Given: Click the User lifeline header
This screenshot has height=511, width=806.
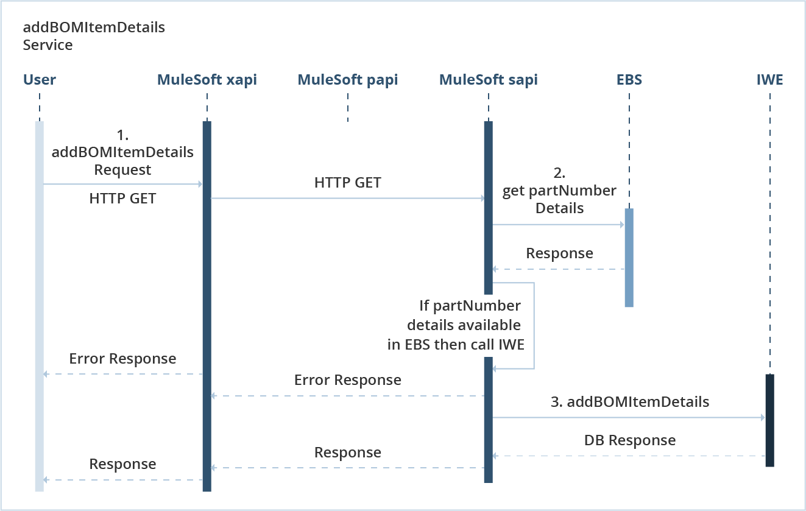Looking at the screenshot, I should pyautogui.click(x=39, y=80).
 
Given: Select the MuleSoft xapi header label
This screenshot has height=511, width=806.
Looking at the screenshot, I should pyautogui.click(x=207, y=80).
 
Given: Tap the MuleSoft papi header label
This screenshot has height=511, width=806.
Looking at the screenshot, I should pyautogui.click(x=347, y=80).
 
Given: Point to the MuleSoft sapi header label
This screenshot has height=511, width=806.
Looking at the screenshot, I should pyautogui.click(x=488, y=80).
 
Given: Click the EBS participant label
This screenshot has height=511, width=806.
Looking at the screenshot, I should pyautogui.click(x=629, y=80).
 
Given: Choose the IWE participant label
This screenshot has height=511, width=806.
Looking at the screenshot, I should pyautogui.click(x=769, y=80).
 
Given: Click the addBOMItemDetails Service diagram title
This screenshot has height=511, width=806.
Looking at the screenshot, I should pyautogui.click(x=94, y=36).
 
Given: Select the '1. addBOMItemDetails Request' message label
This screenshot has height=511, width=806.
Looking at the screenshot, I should pyautogui.click(x=122, y=152).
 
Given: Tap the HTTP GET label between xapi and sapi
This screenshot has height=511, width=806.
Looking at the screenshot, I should pyautogui.click(x=347, y=183).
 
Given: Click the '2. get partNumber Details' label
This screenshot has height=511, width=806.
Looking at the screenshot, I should pyautogui.click(x=559, y=191).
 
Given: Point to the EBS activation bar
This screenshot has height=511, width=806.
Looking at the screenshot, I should pyautogui.click(x=629, y=258).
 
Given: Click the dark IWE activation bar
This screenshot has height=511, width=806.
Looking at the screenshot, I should pyautogui.click(x=769, y=420).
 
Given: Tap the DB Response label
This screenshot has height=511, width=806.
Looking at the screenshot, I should pyautogui.click(x=629, y=440).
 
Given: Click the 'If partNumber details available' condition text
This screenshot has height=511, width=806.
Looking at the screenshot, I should pyautogui.click(x=463, y=325).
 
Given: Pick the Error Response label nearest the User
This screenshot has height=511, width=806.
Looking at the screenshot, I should pyautogui.click(x=122, y=359).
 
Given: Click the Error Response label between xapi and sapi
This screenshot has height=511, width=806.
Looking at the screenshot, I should pyautogui.click(x=347, y=380).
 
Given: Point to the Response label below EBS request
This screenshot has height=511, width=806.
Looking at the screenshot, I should pyautogui.click(x=559, y=253).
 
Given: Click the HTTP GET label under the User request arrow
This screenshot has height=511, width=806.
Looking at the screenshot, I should pyautogui.click(x=122, y=198).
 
